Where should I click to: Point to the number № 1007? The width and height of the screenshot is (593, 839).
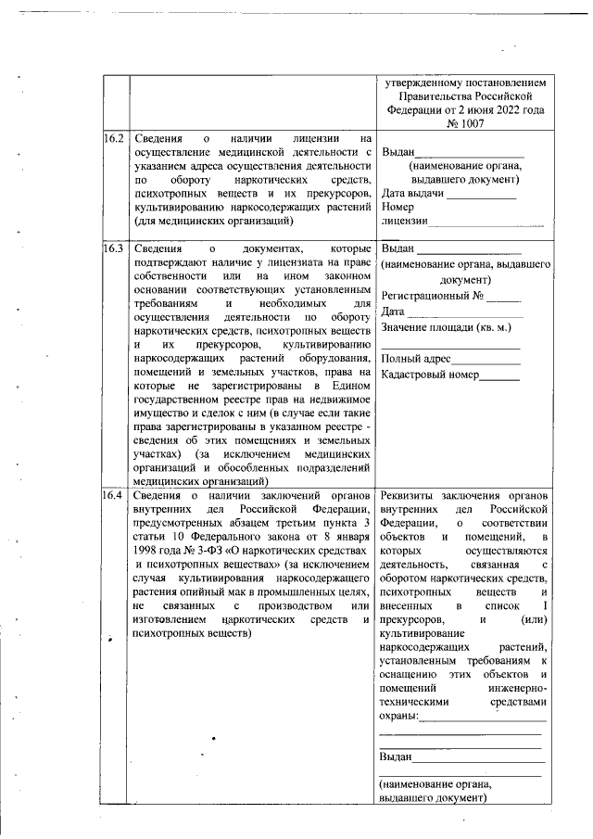tap(466, 123)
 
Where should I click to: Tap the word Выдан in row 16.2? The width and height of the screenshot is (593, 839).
tap(397, 152)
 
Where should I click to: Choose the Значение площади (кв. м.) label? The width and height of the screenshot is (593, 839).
tap(446, 327)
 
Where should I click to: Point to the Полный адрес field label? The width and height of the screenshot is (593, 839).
tap(416, 358)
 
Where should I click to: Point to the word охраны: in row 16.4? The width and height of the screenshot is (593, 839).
tap(399, 717)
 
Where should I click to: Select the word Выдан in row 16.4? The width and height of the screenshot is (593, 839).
tap(396, 756)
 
